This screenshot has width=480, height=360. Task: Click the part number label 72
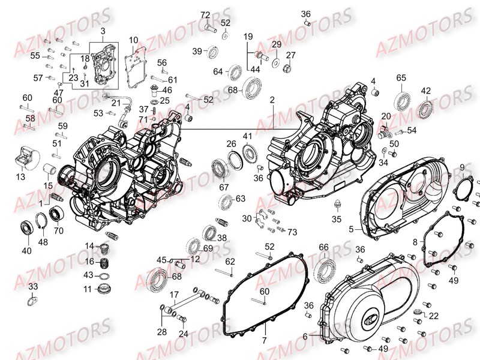point(205,15)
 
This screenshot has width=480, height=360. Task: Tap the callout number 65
point(401,78)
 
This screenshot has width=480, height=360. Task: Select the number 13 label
point(20,177)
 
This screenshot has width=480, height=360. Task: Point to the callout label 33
point(32,286)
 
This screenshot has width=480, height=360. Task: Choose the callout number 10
point(133,40)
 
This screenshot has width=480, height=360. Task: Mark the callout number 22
point(433,316)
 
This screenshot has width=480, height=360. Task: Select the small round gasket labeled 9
point(464,190)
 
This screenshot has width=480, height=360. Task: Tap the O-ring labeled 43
point(106,276)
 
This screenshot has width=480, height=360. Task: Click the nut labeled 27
point(287,68)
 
